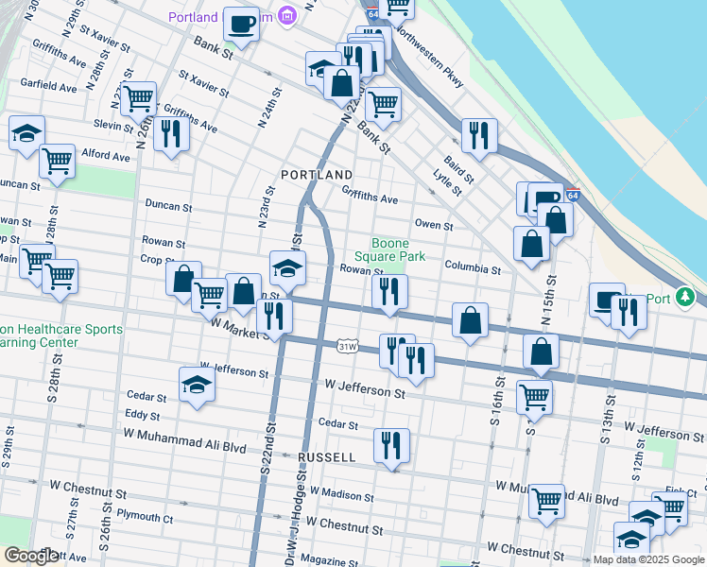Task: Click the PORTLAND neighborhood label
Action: point(317,176)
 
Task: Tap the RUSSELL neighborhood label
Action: point(327,457)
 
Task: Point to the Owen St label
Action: point(435,226)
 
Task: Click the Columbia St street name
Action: point(473,269)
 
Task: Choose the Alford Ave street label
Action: point(105,156)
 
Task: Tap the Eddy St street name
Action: point(143,415)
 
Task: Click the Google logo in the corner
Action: point(31,556)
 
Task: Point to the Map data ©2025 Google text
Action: point(648,559)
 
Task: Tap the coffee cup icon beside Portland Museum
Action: point(242,24)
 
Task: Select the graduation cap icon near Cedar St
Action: point(197,386)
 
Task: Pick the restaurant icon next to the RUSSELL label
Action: point(391,444)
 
